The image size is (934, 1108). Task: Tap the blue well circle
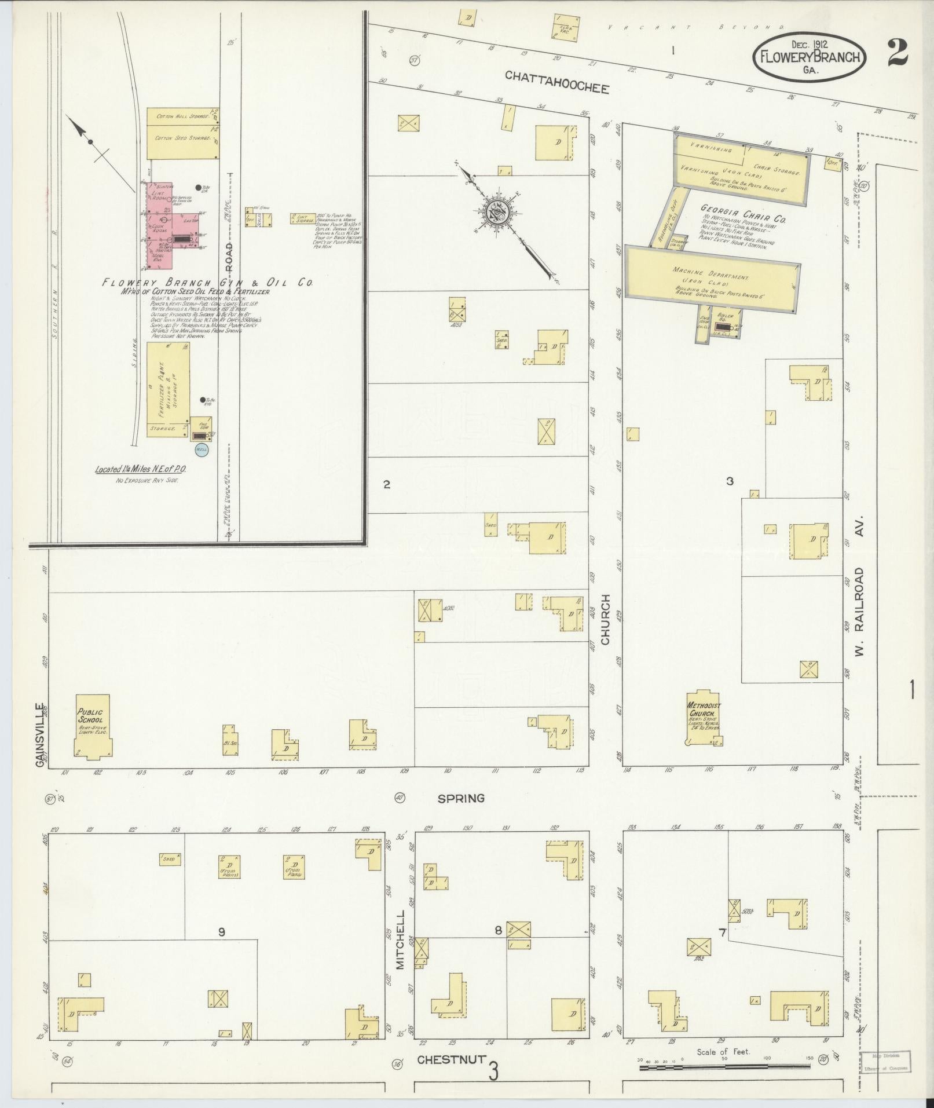point(202,449)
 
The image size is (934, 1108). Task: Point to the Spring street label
point(460,798)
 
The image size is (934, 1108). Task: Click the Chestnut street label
point(450,1059)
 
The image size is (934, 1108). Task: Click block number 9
point(221,931)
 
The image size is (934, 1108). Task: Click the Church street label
point(606,619)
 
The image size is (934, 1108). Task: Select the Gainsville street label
point(41,734)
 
